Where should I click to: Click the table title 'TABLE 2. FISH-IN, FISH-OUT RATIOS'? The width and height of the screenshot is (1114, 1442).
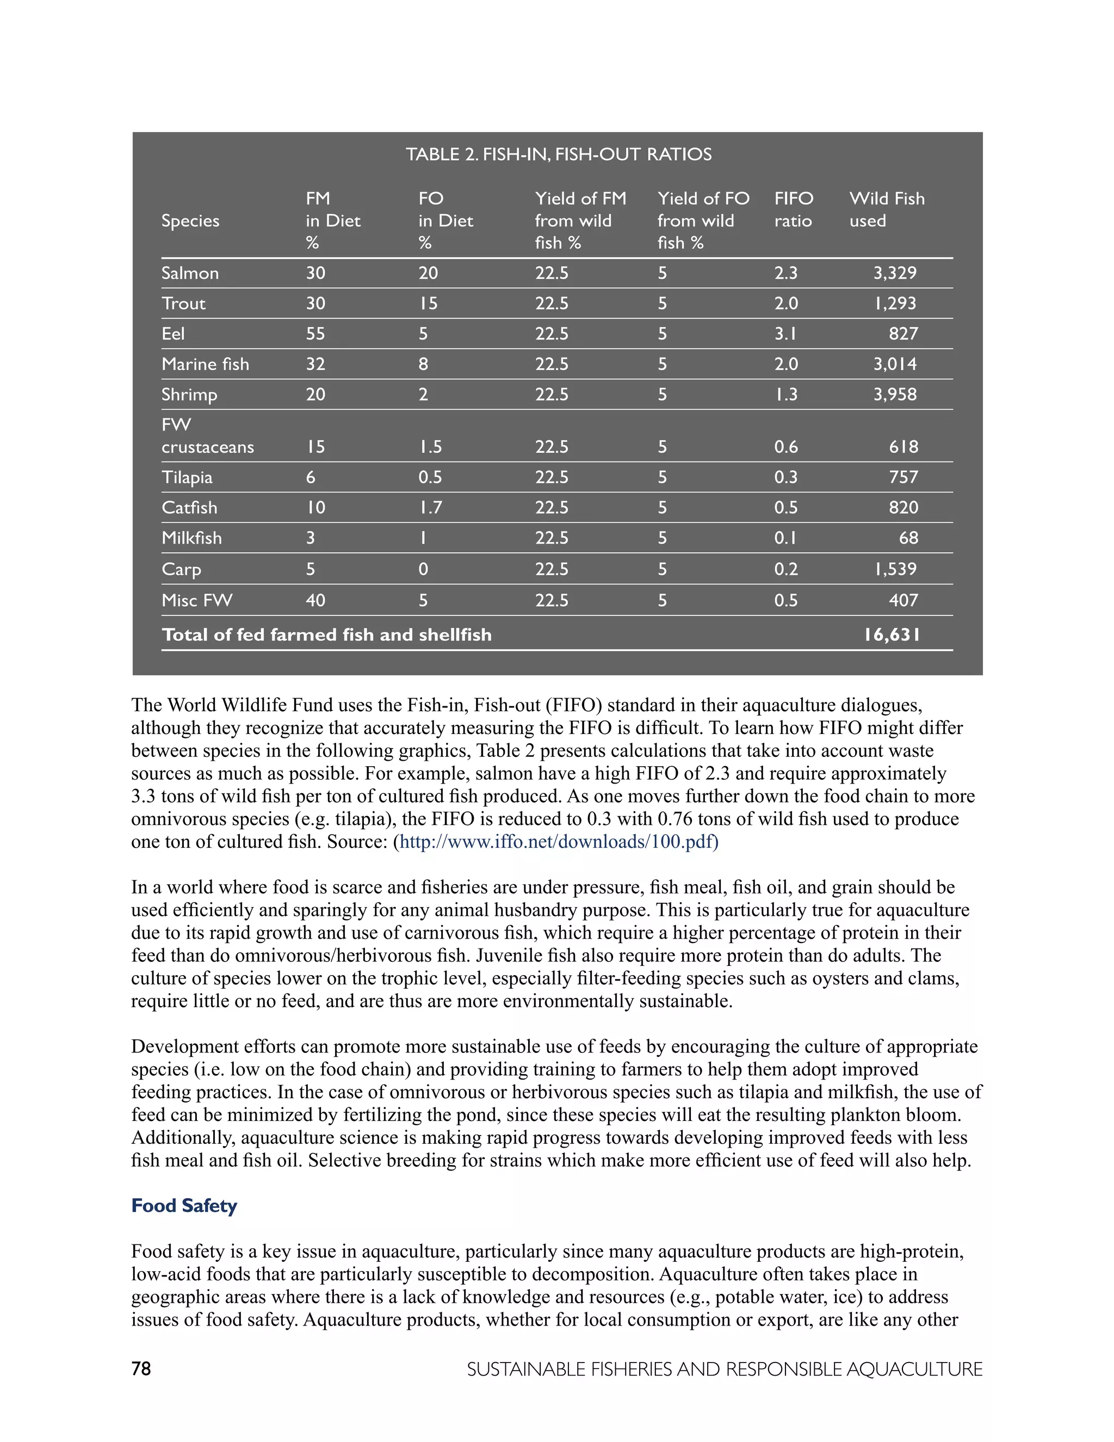(558, 155)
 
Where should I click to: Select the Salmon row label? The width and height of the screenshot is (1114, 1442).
(190, 273)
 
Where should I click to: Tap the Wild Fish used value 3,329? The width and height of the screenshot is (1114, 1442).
(895, 273)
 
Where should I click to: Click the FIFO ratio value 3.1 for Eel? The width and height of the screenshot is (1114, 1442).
(785, 334)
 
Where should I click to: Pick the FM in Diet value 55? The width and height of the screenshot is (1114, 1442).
(315, 334)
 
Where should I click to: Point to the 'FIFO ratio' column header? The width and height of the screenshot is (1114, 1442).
(794, 209)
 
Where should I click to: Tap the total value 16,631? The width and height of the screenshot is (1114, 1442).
(892, 635)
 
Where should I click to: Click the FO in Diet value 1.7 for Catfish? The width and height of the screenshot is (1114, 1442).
(430, 508)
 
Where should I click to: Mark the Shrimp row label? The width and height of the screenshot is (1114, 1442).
(189, 395)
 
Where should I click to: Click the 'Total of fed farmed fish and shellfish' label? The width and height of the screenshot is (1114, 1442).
(327, 635)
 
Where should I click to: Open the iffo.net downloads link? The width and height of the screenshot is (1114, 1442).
(558, 842)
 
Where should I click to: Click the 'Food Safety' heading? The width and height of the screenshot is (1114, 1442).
(184, 1206)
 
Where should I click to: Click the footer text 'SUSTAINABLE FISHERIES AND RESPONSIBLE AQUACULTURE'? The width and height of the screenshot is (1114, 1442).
(725, 1370)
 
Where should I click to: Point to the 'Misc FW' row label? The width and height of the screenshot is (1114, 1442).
(197, 600)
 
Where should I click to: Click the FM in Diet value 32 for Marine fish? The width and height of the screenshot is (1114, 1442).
(315, 365)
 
